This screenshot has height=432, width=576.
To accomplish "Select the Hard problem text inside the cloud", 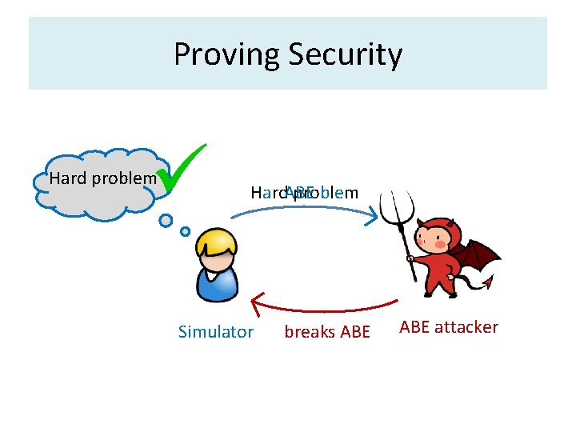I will pos(102,178).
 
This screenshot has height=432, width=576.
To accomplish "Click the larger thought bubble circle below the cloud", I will pos(166,220).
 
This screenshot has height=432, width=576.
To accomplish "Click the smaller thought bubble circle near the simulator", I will pos(185,231).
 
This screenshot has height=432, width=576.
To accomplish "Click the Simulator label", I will pos(215,332).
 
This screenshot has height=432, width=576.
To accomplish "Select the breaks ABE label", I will pos(327,332).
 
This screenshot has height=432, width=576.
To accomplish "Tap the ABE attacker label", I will pos(448,326).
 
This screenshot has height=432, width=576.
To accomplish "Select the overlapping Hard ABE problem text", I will pos(304,193).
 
